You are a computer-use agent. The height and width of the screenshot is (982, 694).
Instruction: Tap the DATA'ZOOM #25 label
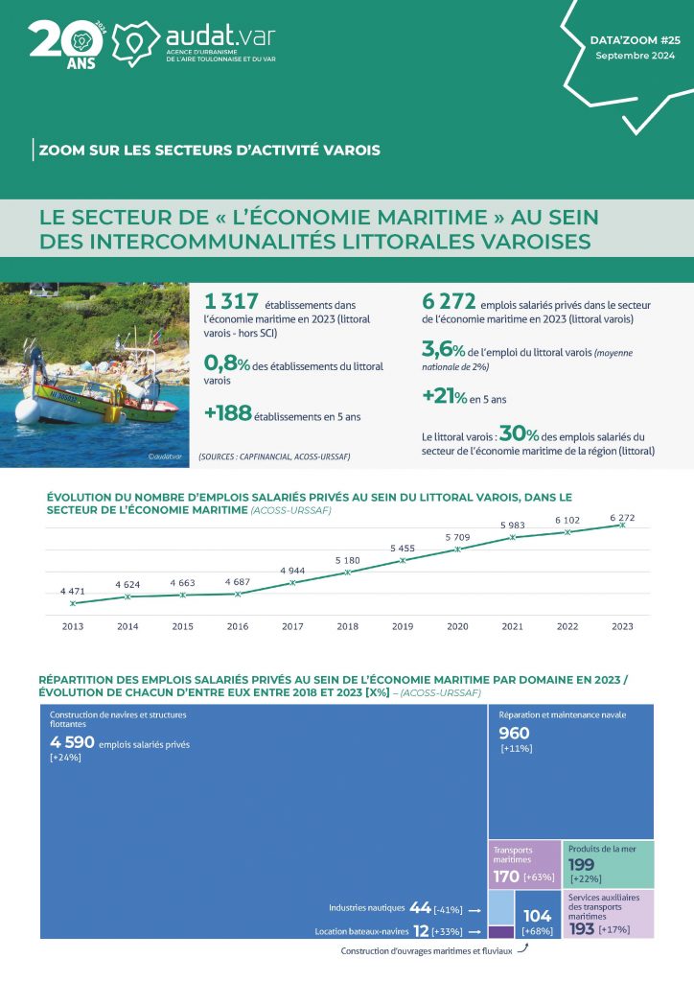(636, 42)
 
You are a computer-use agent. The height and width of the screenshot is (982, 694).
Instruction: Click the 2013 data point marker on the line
(73, 603)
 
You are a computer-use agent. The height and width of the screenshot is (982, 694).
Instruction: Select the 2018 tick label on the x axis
(347, 626)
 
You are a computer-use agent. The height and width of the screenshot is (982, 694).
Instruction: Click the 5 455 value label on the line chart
(403, 548)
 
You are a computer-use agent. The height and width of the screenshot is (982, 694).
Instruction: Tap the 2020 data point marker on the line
(457, 549)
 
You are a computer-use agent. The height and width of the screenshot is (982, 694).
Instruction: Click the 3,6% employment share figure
(443, 350)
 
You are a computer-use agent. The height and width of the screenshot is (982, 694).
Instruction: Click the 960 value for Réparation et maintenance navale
(514, 734)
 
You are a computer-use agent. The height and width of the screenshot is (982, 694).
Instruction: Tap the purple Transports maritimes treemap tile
(523, 864)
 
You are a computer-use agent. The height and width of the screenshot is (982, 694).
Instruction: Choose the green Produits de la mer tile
(608, 863)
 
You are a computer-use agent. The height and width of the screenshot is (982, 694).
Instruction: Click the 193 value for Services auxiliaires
(582, 929)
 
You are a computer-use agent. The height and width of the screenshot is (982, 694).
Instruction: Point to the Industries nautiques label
(367, 907)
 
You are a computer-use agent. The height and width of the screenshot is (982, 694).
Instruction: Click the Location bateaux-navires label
(360, 931)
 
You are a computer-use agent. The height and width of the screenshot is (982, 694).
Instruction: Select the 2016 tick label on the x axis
(237, 626)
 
